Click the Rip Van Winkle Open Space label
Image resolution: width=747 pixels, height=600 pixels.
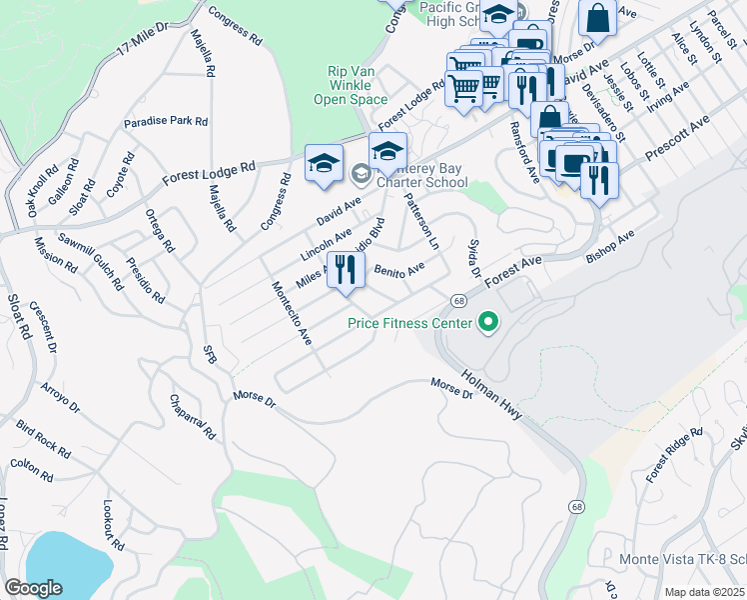(357, 85)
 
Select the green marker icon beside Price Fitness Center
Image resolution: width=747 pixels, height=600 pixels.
(488, 322)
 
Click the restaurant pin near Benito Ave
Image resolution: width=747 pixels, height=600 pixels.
(346, 270)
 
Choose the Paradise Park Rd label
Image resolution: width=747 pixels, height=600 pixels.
(166, 121)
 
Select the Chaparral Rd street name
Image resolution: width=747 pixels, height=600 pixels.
(195, 417)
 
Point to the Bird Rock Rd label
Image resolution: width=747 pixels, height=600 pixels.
(42, 438)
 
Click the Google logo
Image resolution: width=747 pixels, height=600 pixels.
(33, 588)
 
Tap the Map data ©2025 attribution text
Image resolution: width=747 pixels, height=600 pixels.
(704, 592)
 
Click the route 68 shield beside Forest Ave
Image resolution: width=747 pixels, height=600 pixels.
(458, 300)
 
